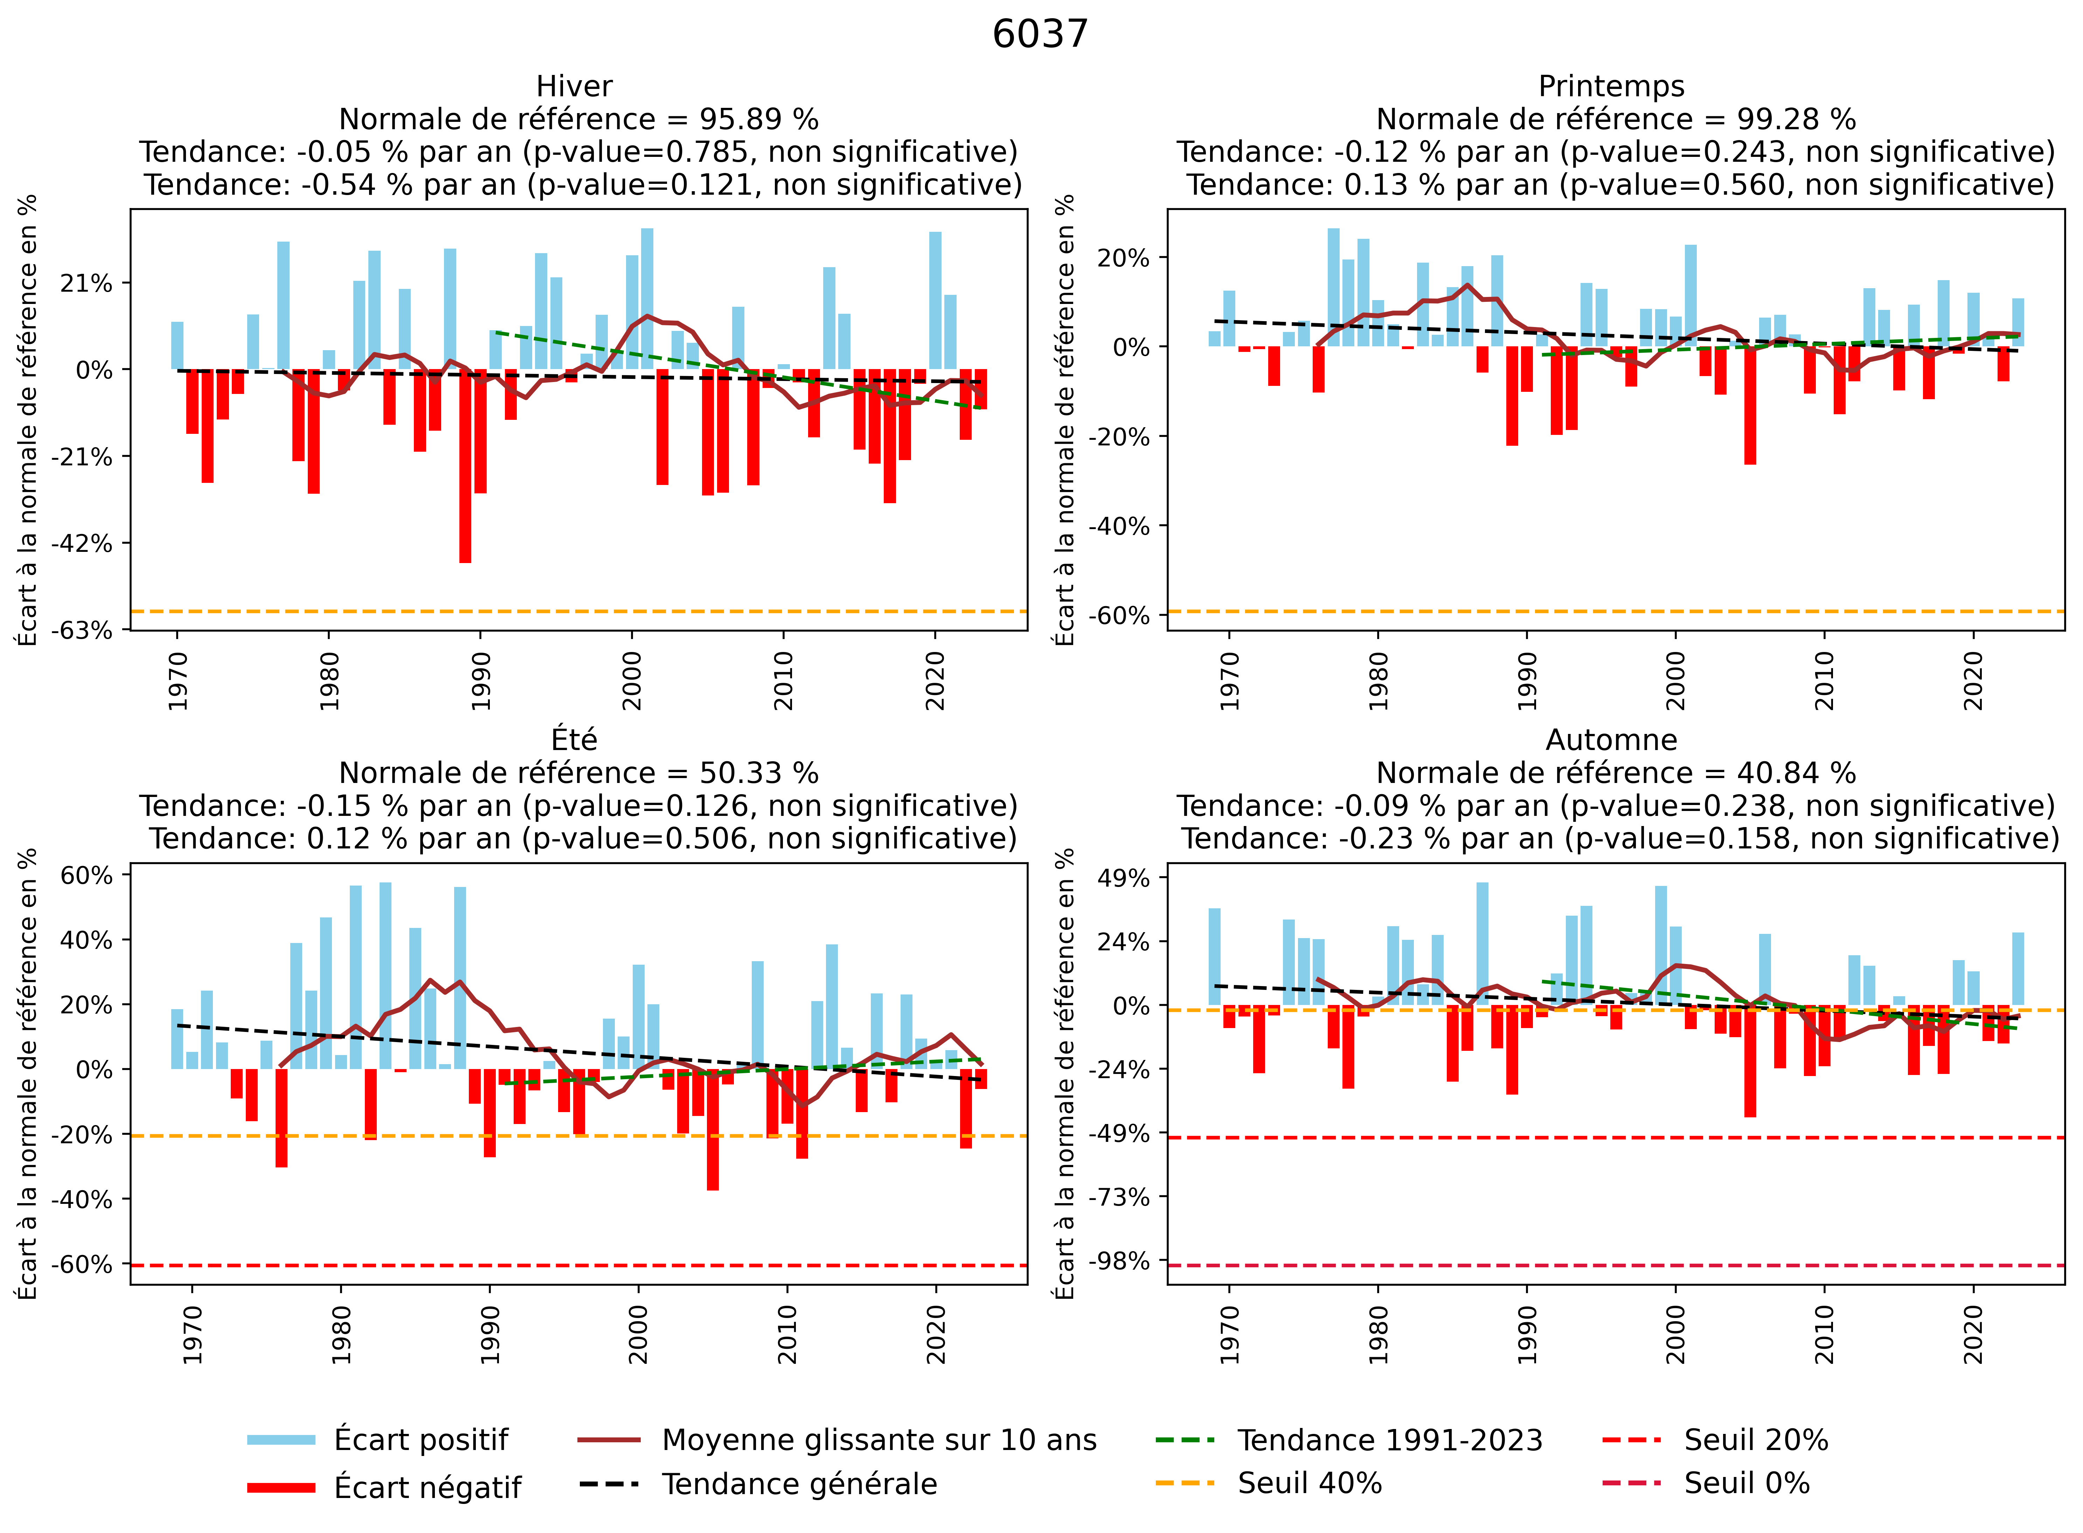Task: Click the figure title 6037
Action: click(x=1040, y=34)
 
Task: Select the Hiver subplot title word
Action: click(x=574, y=86)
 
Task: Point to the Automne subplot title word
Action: click(x=1612, y=740)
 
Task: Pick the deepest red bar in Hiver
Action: click(x=465, y=466)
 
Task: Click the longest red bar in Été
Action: click(x=713, y=1129)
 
